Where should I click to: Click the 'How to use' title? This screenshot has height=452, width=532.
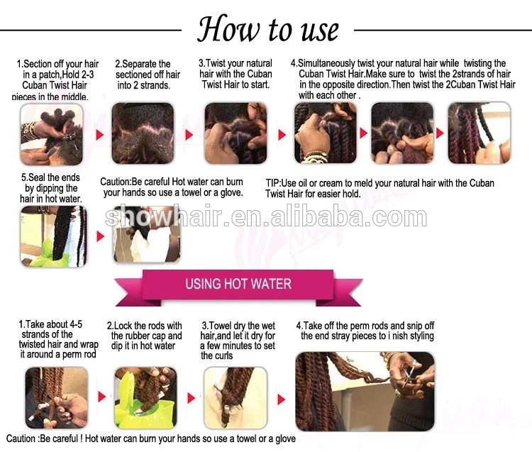268,29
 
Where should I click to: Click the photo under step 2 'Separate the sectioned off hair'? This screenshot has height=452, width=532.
143,133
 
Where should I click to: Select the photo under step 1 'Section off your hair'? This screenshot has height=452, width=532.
52,134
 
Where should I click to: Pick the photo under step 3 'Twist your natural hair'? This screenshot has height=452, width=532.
235,133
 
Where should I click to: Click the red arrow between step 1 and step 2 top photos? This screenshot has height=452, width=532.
99,135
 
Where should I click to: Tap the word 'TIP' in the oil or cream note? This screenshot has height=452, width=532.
272,183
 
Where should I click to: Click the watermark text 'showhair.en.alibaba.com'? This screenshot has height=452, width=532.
266,217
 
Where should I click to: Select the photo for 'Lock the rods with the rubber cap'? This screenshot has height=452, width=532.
146,397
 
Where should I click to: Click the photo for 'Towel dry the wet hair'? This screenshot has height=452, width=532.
235,397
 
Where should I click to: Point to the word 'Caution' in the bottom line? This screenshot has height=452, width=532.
21,439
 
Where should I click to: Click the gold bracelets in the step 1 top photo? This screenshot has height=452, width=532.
30,131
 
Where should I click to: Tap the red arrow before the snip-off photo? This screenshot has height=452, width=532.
282,399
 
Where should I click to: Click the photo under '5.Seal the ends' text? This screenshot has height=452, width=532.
53,236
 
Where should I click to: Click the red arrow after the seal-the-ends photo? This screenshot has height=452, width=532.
100,236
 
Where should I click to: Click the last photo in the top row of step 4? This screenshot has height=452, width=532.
480,133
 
